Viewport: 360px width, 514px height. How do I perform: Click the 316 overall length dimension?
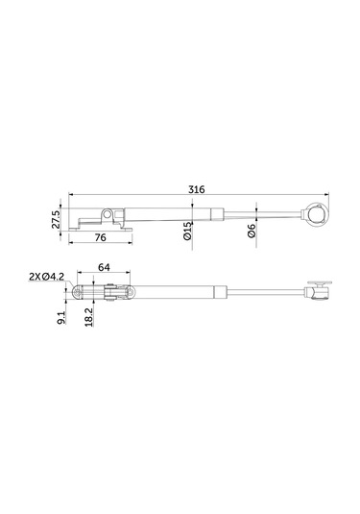pos(197,189)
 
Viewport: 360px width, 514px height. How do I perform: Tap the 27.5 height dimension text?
pos(56,219)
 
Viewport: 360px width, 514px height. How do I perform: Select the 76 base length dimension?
pos(100,237)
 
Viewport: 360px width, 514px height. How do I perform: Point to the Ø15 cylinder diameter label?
pos(187,232)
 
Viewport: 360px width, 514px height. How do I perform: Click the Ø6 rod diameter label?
pos(252,232)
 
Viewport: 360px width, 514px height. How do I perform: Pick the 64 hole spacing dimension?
pos(104,267)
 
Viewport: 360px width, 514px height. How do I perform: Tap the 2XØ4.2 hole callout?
pos(46,277)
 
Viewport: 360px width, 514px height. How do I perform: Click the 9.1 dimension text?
pos(61,318)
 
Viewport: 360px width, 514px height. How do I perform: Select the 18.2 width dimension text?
pos(88,317)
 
